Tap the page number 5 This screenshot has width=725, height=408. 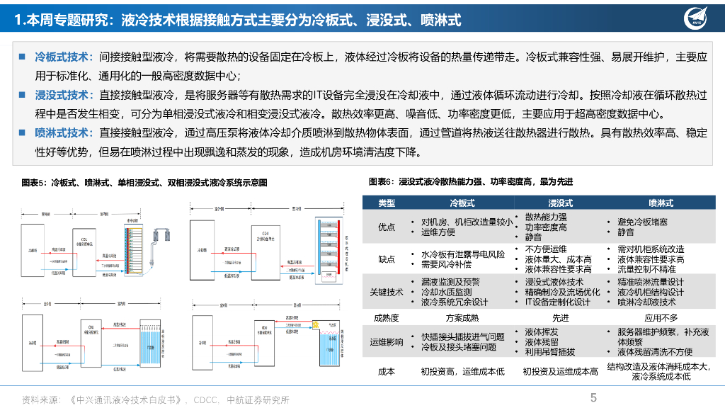point(593,398)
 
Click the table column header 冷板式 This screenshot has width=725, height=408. point(462,203)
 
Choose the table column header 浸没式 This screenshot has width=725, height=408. point(560,203)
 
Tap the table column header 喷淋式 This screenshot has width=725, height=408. point(660,203)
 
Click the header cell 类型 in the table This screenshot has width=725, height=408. point(387,203)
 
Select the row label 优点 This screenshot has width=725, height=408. point(387,227)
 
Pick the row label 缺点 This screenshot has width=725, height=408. point(387,259)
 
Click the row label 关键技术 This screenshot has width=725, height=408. point(387,292)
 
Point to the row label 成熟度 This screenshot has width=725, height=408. point(387,318)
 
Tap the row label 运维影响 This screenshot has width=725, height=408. point(387,342)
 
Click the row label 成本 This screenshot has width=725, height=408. point(387,371)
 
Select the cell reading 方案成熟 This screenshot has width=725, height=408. point(462,318)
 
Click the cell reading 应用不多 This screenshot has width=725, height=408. point(660,318)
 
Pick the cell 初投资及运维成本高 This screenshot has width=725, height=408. point(560,371)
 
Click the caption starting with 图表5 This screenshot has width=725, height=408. point(144,183)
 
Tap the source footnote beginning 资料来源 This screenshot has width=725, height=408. point(156,399)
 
